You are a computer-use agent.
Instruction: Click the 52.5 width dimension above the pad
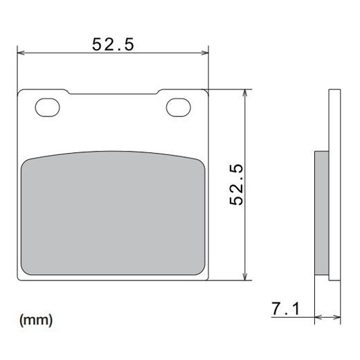point(113,44)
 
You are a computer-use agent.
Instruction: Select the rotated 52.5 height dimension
point(237,184)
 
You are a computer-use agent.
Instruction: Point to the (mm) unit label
point(35,320)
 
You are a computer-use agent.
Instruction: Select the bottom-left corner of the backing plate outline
point(19,280)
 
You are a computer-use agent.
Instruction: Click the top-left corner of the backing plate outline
point(19,91)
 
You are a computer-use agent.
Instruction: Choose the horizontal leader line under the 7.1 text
point(291,319)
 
